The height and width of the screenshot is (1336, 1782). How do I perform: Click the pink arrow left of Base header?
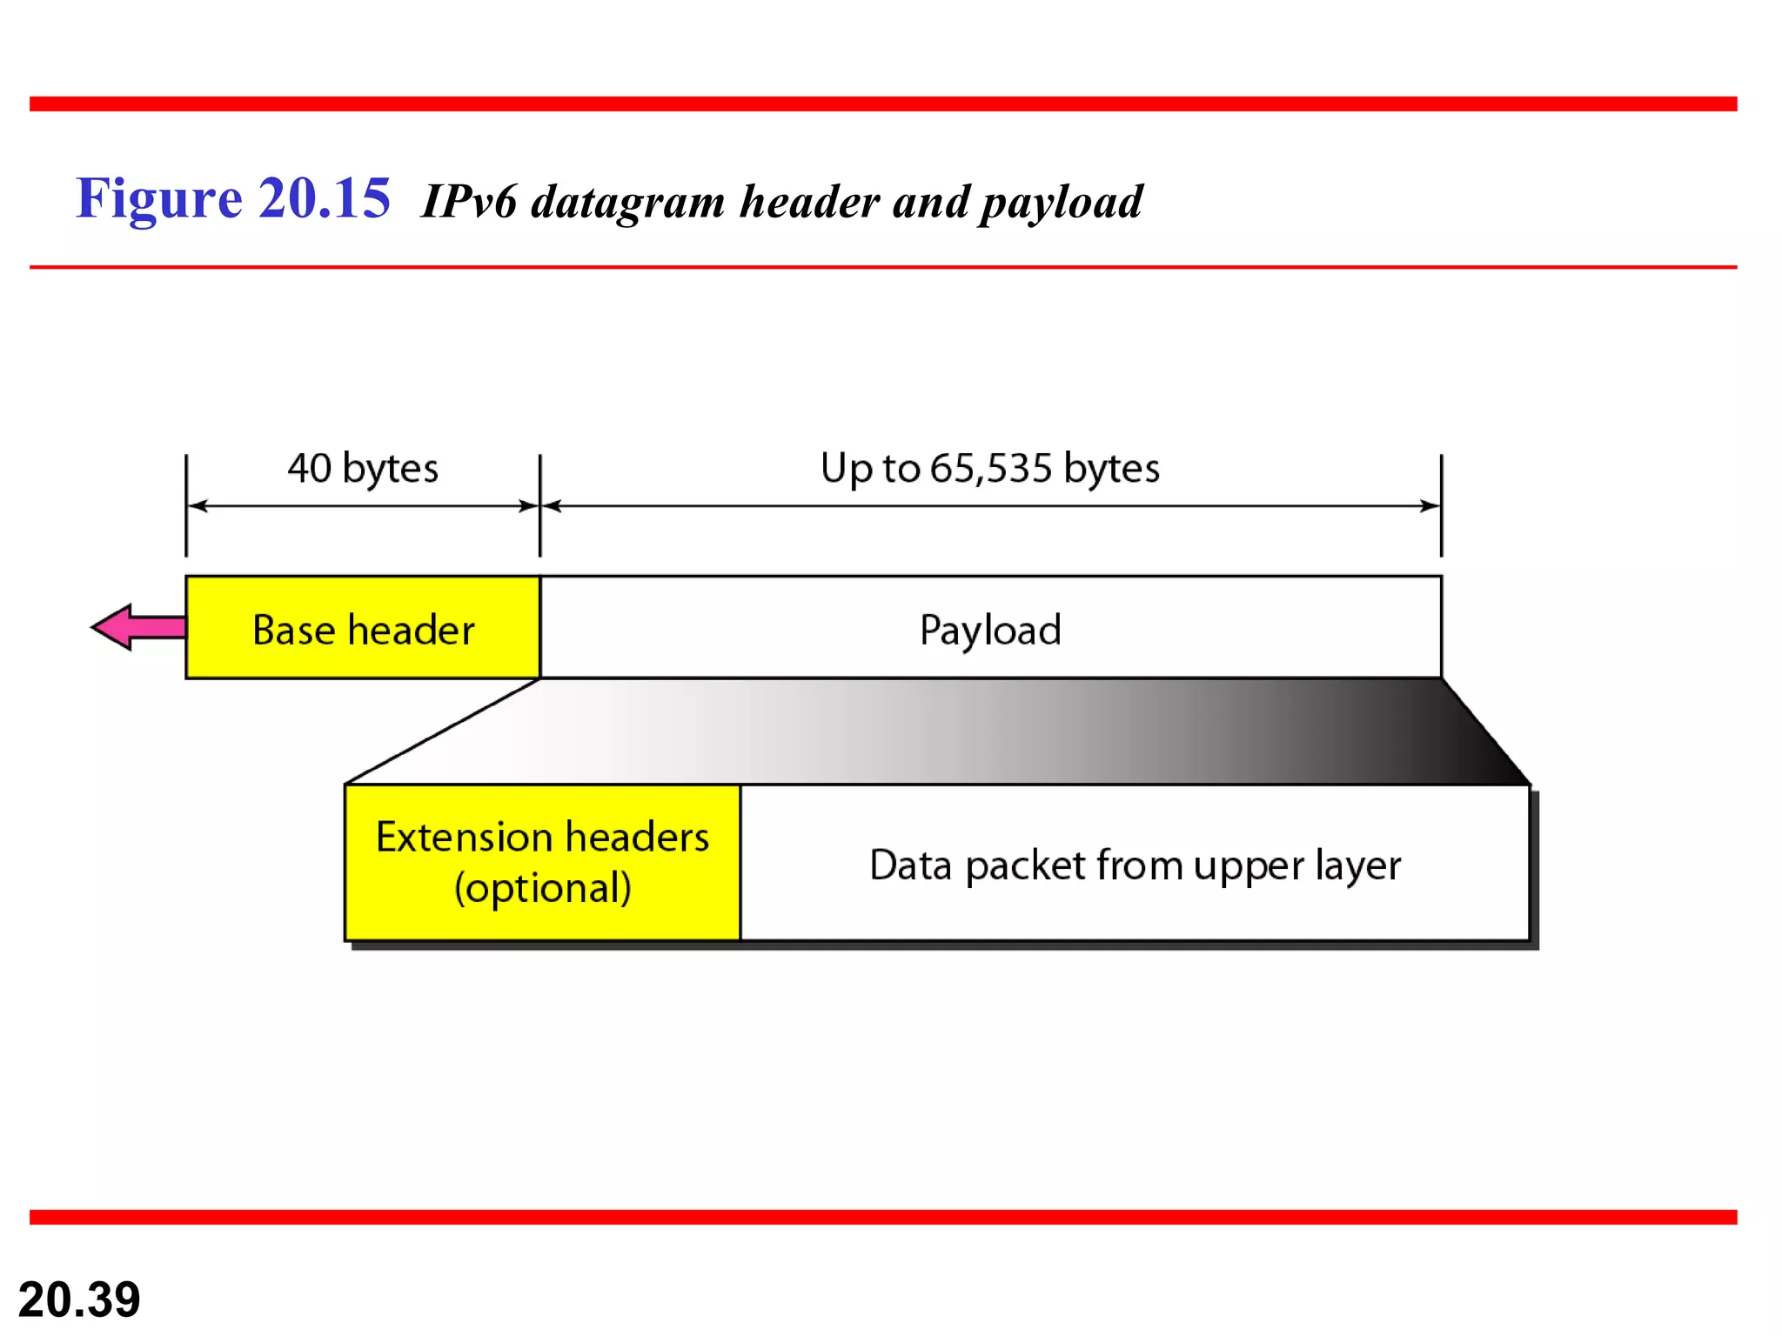pos(137,627)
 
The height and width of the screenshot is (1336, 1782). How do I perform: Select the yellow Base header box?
pos(363,628)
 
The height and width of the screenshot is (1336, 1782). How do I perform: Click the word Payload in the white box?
pos(990,630)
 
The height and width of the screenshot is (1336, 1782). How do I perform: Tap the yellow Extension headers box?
pos(542,862)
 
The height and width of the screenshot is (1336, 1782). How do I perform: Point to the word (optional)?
pos(543,888)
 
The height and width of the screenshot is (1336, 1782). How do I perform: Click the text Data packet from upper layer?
pos(1135,865)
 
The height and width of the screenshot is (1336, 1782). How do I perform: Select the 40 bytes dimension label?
pos(363,468)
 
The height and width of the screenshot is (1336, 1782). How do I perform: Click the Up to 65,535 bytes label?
pos(990,468)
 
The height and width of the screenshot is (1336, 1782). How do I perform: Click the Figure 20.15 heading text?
pos(233,198)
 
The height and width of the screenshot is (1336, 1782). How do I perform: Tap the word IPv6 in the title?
pos(469,202)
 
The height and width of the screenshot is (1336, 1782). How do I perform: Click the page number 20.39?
pos(79,1299)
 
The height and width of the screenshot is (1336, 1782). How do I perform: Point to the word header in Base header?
pos(412,630)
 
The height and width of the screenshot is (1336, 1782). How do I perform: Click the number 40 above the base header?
pos(310,468)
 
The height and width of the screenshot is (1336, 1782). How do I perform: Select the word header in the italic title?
pos(810,202)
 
